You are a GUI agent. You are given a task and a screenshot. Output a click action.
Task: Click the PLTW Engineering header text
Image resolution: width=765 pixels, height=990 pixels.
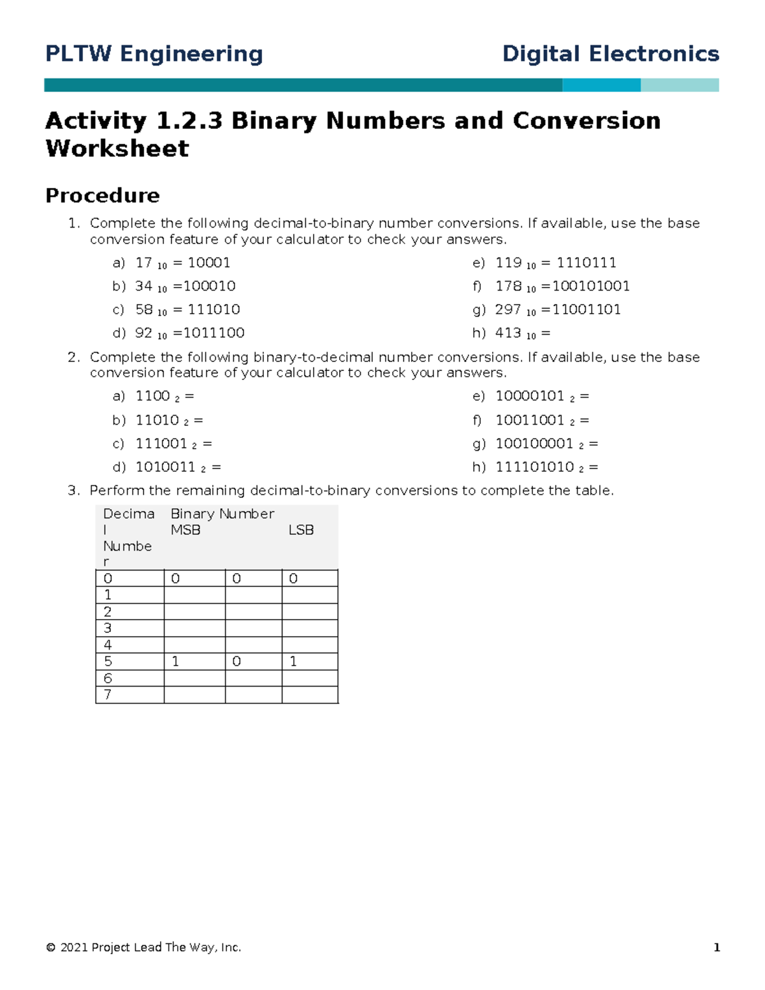click(x=154, y=54)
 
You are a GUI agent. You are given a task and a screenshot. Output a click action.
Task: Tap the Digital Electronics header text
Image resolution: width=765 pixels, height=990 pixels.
click(x=610, y=54)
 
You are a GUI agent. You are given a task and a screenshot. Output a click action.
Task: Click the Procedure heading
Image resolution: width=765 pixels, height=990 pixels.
click(x=102, y=195)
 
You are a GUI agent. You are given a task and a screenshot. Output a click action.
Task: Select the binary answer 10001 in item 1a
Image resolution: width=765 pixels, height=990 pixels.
click(x=209, y=263)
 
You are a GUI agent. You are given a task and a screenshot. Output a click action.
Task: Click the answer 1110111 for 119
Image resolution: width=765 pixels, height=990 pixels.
click(x=586, y=263)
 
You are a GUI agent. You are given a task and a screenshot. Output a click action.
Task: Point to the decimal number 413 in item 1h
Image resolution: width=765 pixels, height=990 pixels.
click(x=508, y=333)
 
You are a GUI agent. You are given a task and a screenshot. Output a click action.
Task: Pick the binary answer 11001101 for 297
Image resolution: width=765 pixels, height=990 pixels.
click(x=586, y=310)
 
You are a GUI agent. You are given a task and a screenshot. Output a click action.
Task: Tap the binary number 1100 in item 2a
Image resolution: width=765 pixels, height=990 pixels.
click(x=152, y=397)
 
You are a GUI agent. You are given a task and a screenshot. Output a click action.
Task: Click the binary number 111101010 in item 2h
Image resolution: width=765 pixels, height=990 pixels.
click(x=534, y=467)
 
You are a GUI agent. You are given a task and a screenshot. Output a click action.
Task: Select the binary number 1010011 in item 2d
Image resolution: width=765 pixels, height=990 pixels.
click(x=165, y=467)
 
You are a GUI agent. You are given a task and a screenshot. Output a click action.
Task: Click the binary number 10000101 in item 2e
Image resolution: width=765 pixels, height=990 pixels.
click(x=530, y=397)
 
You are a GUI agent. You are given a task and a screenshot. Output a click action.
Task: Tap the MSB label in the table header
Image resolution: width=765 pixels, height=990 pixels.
click(x=186, y=530)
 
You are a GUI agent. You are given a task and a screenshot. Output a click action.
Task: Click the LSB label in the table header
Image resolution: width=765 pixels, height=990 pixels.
click(x=301, y=530)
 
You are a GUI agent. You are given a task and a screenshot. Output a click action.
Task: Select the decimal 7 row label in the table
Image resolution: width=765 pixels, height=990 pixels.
click(x=108, y=695)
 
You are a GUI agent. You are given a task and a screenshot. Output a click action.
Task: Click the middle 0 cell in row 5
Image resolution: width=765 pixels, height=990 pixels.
click(x=237, y=662)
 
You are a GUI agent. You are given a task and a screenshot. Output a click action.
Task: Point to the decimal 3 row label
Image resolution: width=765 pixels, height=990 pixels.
click(x=108, y=629)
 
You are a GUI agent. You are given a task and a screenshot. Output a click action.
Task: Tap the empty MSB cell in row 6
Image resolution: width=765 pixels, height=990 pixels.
click(x=194, y=678)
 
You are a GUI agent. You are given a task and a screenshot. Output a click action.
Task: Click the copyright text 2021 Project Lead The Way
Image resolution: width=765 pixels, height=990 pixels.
click(x=144, y=947)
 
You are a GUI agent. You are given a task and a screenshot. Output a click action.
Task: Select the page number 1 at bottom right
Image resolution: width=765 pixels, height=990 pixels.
click(x=717, y=947)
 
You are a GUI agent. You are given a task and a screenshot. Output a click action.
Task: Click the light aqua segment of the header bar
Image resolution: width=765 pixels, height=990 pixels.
click(x=680, y=85)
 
